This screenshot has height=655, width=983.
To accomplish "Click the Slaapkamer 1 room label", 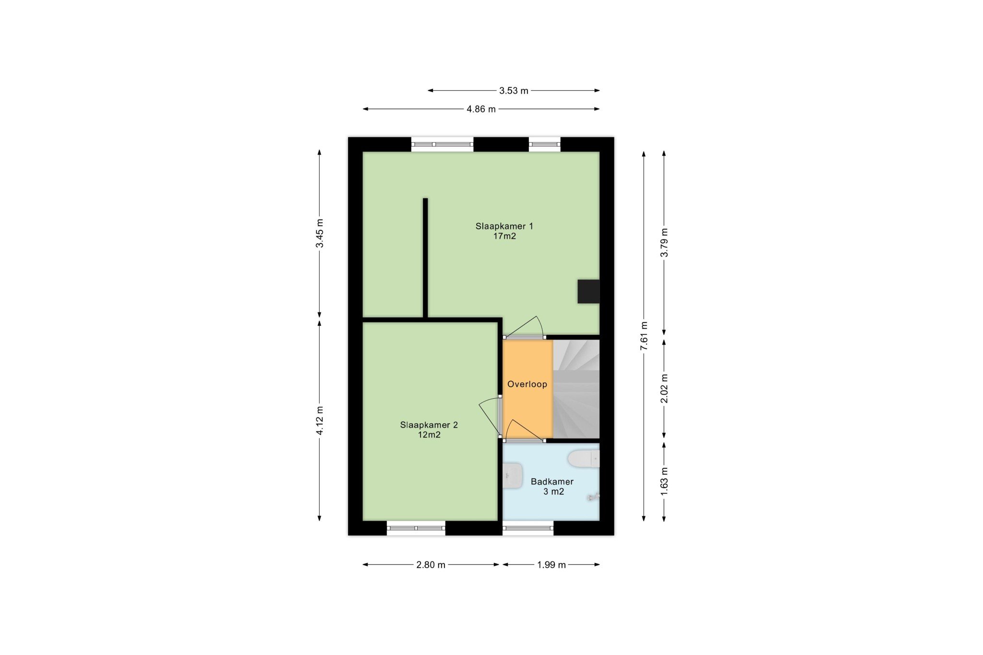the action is point(504,226).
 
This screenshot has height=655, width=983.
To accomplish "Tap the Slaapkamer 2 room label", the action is point(429,425).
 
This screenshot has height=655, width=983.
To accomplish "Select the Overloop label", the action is point(527,384).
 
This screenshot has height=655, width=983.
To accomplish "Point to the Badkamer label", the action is point(552,482).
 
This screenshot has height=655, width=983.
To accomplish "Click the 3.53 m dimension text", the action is point(514,91).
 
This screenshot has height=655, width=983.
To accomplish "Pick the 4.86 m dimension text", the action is point(481,109).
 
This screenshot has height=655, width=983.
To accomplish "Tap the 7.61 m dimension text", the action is point(644,336).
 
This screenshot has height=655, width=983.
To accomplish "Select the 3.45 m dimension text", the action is point(320,233).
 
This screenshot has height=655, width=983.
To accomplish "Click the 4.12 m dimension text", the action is point(320,420).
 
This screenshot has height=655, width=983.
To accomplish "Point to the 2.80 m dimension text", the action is point(431,565).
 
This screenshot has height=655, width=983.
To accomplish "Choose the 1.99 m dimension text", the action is point(551,565).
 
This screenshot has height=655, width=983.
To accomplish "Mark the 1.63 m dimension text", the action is point(664,481).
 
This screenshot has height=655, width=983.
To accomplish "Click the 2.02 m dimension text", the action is point(664,388).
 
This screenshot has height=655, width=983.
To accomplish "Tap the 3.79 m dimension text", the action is point(664,242).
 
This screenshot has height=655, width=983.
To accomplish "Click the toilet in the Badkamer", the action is point(584,459).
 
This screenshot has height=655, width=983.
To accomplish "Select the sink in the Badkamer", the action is point(513,476).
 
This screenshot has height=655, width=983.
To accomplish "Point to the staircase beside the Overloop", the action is point(576,389).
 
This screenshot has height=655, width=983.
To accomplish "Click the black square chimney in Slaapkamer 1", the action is point(588,291).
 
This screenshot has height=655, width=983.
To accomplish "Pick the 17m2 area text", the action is point(504,236).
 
